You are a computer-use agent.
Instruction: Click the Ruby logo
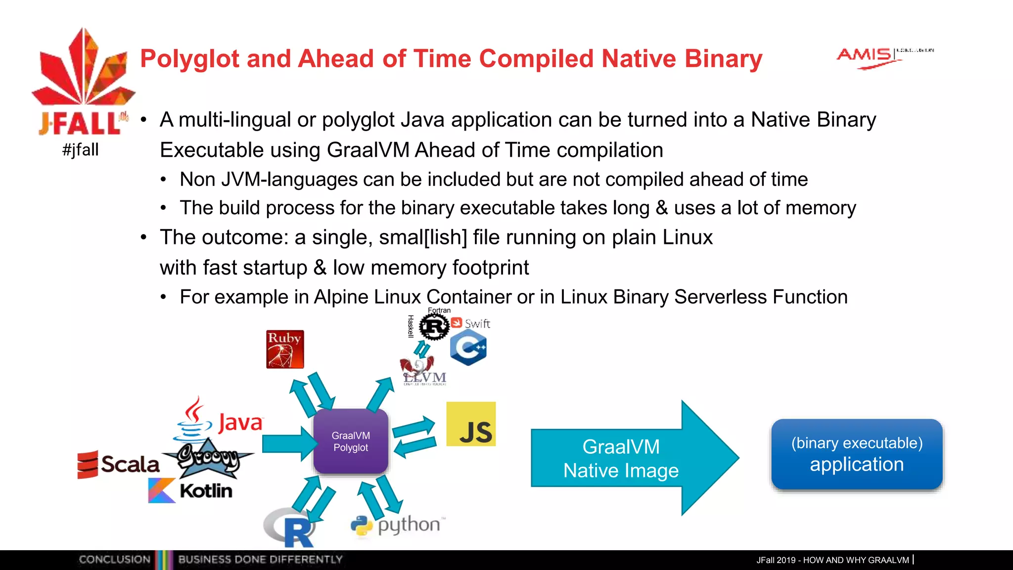(285, 349)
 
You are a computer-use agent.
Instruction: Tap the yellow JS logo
(471, 424)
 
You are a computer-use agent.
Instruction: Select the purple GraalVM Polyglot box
(351, 441)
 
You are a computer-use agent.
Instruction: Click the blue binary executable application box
(857, 454)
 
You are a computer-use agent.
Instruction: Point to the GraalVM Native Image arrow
(628, 458)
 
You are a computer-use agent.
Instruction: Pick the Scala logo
(119, 464)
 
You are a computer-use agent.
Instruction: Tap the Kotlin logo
(190, 490)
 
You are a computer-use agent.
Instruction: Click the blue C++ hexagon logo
(468, 348)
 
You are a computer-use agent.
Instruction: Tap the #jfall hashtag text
(81, 149)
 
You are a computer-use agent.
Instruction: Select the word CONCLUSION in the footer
(114, 560)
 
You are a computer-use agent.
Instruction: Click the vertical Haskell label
(411, 326)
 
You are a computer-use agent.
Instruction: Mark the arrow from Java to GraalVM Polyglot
(288, 443)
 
